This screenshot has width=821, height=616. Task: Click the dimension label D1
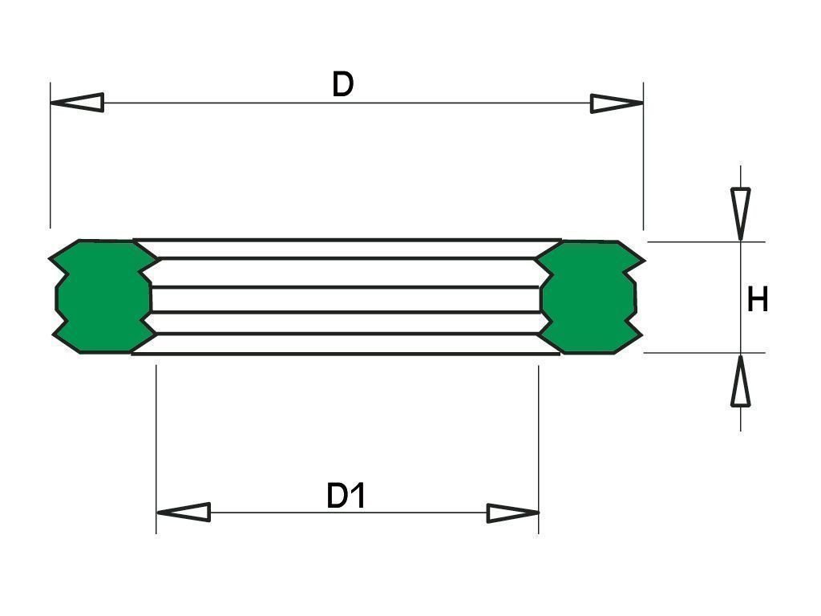pyautogui.click(x=346, y=496)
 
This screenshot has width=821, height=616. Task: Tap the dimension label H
pyautogui.click(x=757, y=300)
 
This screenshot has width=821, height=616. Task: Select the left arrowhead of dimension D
pyautogui.click(x=77, y=102)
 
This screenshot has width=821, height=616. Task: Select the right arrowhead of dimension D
pyautogui.click(x=617, y=103)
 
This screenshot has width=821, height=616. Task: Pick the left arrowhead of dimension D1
pyautogui.click(x=184, y=512)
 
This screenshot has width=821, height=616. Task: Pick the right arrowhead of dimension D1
pyautogui.click(x=512, y=513)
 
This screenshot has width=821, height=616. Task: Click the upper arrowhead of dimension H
pyautogui.click(x=740, y=214)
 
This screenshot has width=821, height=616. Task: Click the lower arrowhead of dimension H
pyautogui.click(x=740, y=380)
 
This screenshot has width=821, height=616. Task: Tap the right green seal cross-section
pyautogui.click(x=589, y=297)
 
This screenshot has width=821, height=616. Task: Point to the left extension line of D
pyautogui.click(x=51, y=155)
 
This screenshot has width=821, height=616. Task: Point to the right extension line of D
pyautogui.click(x=643, y=156)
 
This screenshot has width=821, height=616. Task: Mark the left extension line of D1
pyautogui.click(x=156, y=449)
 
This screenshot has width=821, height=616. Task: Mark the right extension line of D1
pyautogui.click(x=538, y=449)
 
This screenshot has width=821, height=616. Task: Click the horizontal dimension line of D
pyautogui.click(x=346, y=103)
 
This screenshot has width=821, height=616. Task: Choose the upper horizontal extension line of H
pyautogui.click(x=706, y=242)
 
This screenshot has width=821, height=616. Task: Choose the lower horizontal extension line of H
pyautogui.click(x=704, y=353)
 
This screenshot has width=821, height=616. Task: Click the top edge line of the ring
pyautogui.click(x=346, y=240)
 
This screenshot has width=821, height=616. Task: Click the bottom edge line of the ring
pyautogui.click(x=346, y=354)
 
